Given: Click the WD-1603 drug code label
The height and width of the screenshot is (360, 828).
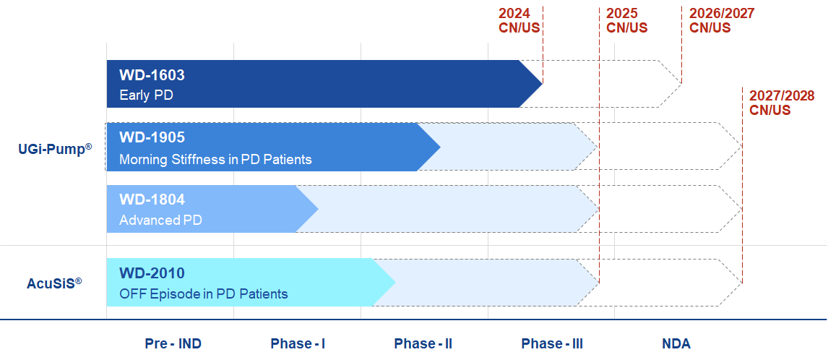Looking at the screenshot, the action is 152,75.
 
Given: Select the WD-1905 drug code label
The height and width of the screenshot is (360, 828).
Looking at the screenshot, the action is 152,137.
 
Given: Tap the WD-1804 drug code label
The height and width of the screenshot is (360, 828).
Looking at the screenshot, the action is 152,200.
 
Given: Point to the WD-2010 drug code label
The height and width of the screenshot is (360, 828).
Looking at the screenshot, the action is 152,273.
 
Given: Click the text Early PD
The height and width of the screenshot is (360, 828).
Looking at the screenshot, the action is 146,95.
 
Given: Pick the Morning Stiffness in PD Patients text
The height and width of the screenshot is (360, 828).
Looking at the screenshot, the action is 215,159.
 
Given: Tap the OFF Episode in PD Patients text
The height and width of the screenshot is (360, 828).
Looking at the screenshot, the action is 204,294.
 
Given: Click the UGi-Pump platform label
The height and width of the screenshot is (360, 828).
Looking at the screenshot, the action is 55,150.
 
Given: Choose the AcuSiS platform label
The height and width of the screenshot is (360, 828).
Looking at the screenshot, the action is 54,283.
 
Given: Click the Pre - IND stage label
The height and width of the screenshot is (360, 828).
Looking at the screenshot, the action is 173,344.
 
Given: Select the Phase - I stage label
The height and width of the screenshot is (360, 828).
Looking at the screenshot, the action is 298,344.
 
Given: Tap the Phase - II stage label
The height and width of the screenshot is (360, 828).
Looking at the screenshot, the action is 423,344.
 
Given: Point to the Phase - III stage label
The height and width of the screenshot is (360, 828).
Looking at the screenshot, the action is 552,344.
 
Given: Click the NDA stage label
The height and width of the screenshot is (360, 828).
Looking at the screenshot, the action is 676,344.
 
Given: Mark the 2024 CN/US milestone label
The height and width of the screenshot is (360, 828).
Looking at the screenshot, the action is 519,21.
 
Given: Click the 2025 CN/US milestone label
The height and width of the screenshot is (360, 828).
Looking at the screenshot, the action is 627,21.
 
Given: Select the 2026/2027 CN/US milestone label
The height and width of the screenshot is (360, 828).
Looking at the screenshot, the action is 722,21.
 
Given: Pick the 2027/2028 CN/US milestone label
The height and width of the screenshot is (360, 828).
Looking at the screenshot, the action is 782,103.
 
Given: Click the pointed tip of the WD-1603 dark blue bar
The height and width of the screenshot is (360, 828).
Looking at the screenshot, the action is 543,84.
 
